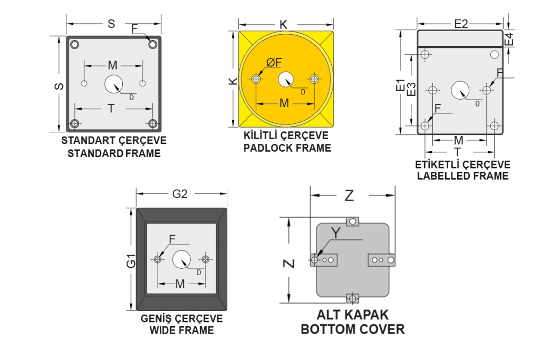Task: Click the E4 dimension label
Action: tap(509, 39)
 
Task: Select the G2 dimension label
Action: tap(180, 194)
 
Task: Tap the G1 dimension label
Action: tap(131, 261)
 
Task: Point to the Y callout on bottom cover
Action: tap(336, 233)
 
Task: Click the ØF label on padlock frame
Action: tap(274, 62)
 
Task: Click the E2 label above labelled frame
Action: tap(461, 24)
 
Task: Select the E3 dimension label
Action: tap(411, 89)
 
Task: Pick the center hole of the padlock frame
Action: tap(285, 79)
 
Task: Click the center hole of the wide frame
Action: tap(181, 259)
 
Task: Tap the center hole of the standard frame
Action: tap(114, 84)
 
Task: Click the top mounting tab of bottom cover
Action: tap(352, 221)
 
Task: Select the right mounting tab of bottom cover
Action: tap(382, 260)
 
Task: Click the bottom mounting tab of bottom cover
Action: tap(352, 298)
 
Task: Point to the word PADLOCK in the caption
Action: tap(267, 148)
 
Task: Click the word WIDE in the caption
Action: tap(160, 330)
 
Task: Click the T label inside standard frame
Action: tap(111, 109)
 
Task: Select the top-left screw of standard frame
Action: tap(74, 44)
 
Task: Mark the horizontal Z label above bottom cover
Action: tap(350, 196)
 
